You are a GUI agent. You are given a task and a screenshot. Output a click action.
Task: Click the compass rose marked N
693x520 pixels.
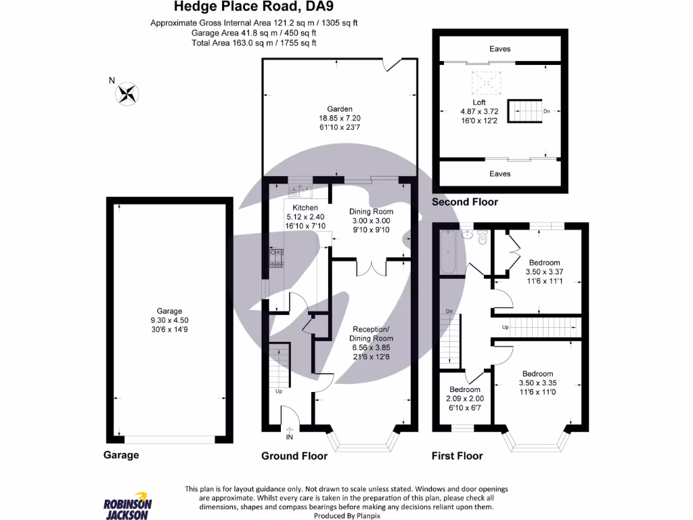(127, 93)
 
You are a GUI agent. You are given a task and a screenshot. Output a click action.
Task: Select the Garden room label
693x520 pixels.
(339, 109)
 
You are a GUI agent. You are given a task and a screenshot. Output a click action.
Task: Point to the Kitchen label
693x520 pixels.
(305, 207)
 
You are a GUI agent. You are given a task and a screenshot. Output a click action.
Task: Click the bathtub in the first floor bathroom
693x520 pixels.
(448, 252)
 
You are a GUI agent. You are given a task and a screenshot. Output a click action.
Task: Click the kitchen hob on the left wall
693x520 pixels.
(276, 257)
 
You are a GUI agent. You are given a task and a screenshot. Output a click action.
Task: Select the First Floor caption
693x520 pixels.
(457, 456)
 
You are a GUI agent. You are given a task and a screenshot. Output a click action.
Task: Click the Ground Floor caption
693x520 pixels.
(294, 456)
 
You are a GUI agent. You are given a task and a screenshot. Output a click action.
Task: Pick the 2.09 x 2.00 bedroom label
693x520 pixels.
(465, 399)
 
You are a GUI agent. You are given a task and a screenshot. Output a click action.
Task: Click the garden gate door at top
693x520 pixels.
(392, 64)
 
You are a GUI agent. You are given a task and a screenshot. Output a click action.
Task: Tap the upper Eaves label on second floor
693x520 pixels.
(500, 49)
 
